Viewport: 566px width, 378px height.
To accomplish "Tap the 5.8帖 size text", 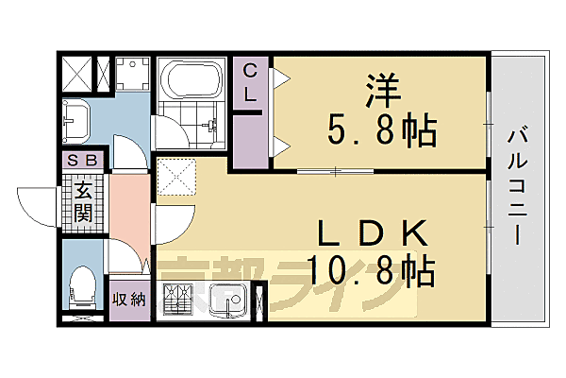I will coord(382,130).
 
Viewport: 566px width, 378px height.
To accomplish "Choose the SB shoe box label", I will coord(84,160).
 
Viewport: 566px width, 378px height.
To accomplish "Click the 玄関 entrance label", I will coord(84,201).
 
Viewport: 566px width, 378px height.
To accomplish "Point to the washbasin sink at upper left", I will coord(75,120).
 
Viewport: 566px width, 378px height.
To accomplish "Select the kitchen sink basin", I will coord(225,302).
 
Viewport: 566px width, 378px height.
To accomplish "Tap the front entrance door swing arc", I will coord(38,203).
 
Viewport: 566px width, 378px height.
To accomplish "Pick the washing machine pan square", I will coord(133,75).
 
